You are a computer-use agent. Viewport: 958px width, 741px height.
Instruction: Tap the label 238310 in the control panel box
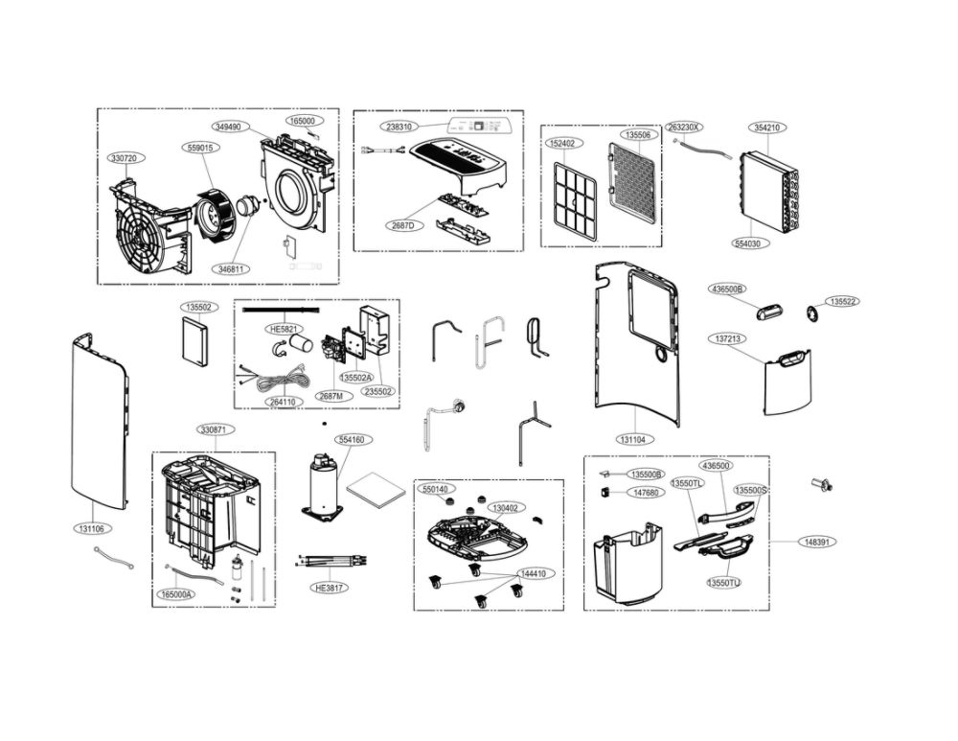click(400, 127)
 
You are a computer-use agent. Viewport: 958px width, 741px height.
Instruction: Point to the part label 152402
click(563, 144)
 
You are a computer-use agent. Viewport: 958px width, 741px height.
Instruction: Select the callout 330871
click(214, 429)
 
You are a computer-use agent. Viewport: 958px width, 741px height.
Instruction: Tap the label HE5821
click(285, 328)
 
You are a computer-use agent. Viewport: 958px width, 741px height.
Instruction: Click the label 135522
click(844, 301)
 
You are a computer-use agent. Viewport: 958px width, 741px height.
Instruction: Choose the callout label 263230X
click(684, 127)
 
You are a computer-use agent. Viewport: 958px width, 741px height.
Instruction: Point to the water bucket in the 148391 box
click(628, 566)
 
